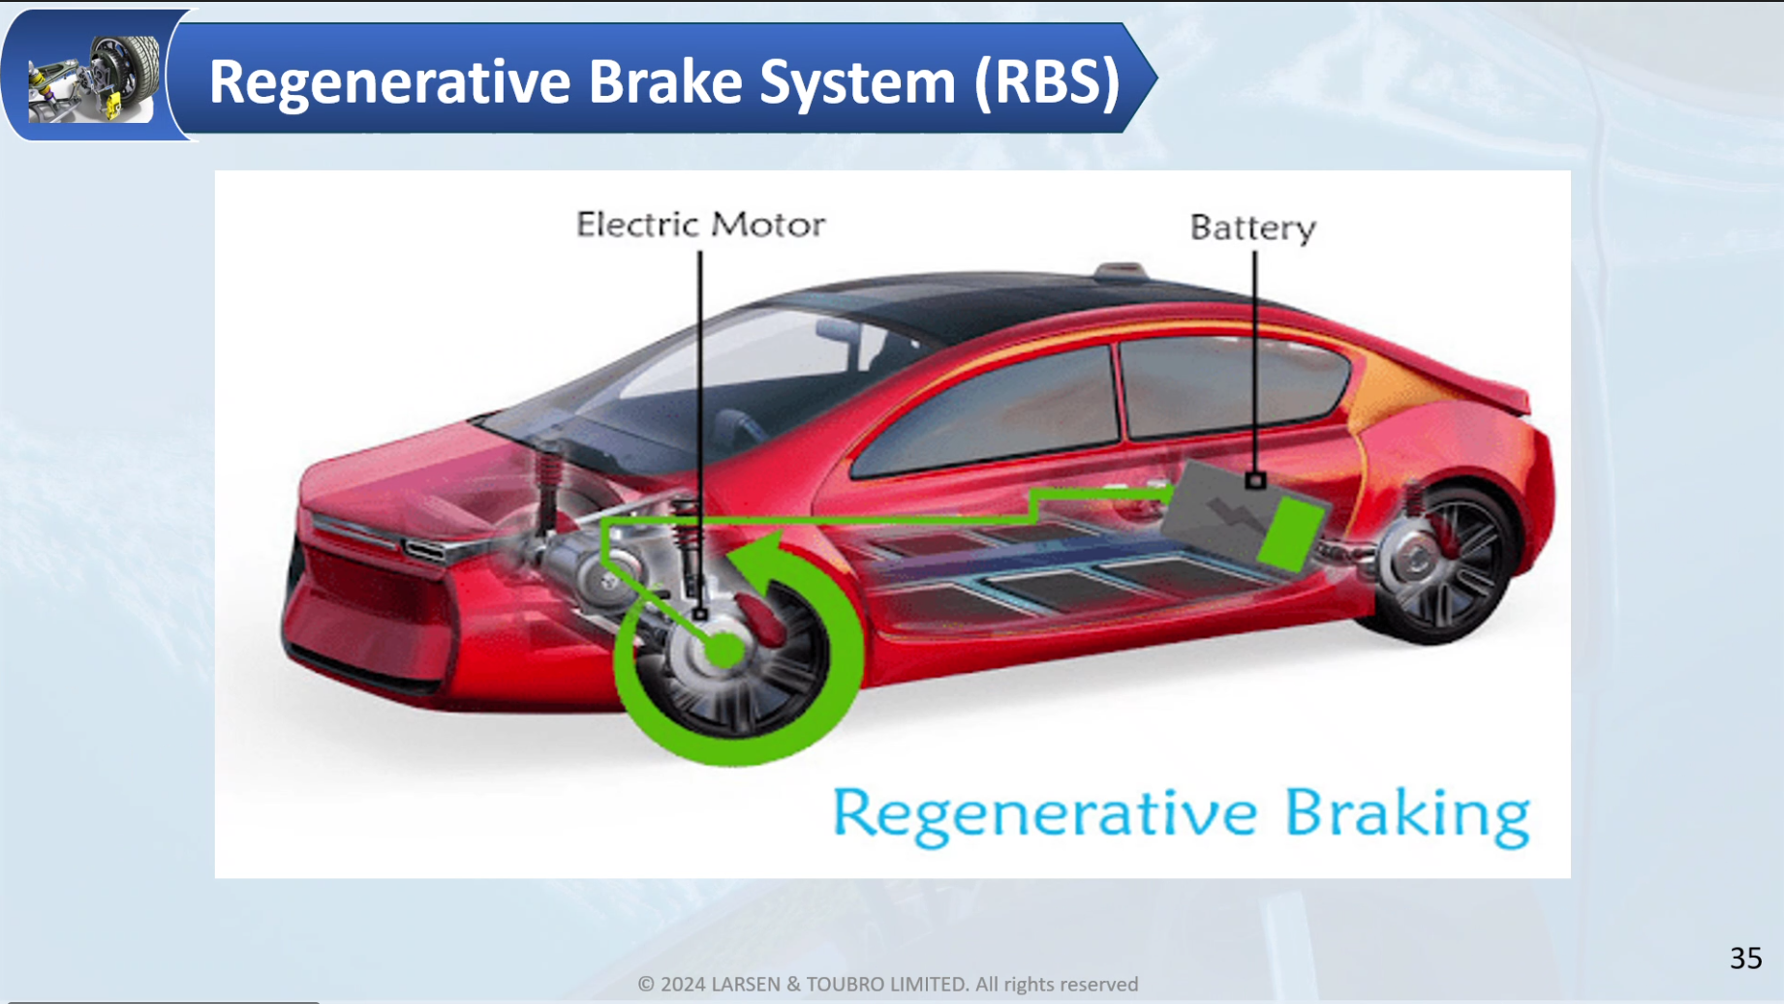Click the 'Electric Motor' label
(x=700, y=225)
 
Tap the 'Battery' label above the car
(x=1253, y=228)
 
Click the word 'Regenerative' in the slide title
(x=389, y=81)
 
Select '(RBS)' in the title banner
(x=1047, y=81)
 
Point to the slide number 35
(x=1746, y=958)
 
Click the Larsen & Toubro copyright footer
(x=888, y=985)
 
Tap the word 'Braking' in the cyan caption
(x=1407, y=815)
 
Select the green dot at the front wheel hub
(x=724, y=650)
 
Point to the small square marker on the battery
(x=1255, y=480)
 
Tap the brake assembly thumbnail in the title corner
(x=94, y=78)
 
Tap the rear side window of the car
(x=1234, y=384)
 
